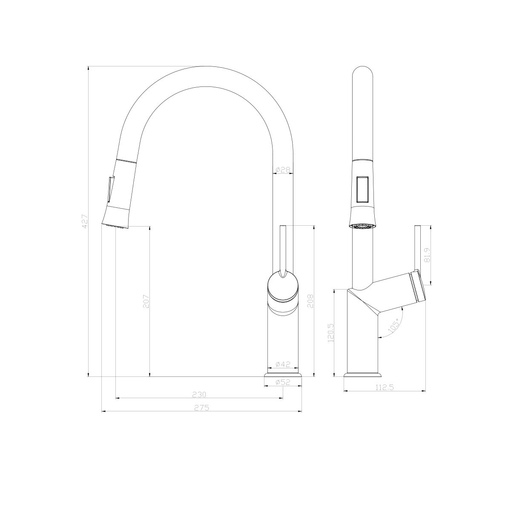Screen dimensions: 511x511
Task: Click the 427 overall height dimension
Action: click(x=85, y=221)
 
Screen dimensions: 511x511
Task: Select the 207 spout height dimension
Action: click(x=146, y=301)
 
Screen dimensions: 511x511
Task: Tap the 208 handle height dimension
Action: click(x=311, y=301)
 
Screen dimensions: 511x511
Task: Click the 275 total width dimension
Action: click(x=201, y=408)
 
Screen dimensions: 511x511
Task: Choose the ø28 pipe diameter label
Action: click(x=283, y=170)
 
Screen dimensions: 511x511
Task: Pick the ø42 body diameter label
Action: click(x=283, y=364)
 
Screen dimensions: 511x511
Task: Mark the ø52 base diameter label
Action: click(x=283, y=382)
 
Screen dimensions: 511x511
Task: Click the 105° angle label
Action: click(x=394, y=326)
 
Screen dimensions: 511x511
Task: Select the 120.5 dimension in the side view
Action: click(x=331, y=333)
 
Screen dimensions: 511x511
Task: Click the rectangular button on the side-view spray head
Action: click(x=363, y=189)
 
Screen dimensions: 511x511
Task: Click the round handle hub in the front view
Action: click(x=283, y=287)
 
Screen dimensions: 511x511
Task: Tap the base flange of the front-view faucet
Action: click(x=283, y=374)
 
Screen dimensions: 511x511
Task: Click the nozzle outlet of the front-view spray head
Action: click(x=115, y=226)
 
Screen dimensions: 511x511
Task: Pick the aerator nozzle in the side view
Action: click(x=363, y=226)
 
